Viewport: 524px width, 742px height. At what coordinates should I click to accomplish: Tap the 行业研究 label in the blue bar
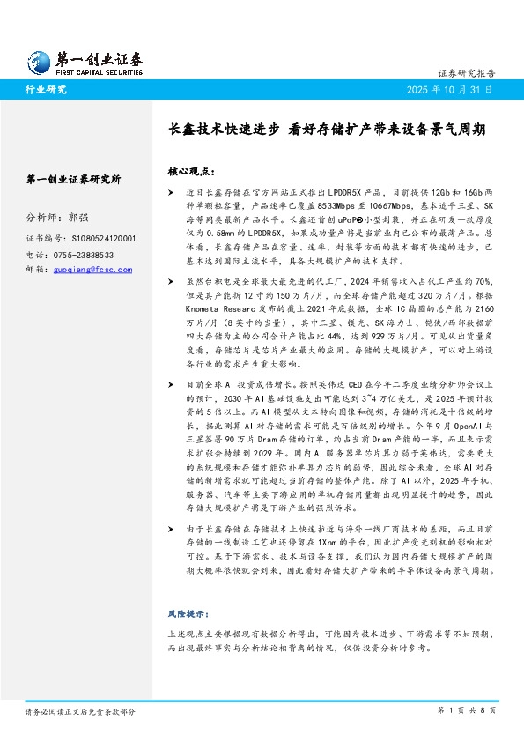pos(46,90)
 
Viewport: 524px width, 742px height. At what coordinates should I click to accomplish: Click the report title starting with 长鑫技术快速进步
pos(326,128)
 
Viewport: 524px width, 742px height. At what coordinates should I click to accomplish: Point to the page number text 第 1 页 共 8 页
pos(467,709)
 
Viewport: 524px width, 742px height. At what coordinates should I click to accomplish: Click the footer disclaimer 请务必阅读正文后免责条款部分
pos(80,709)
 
